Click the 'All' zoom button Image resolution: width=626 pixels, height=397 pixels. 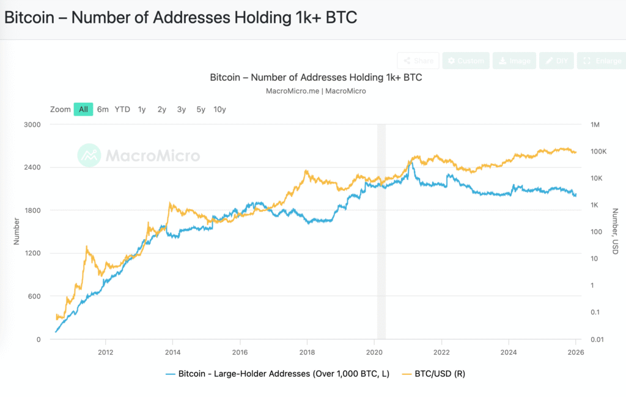click(83, 109)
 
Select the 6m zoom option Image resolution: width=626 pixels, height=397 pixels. click(103, 109)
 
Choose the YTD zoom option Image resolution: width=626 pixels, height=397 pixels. click(122, 109)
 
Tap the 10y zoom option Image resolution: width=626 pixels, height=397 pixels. click(219, 109)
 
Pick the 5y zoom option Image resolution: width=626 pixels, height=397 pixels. click(201, 109)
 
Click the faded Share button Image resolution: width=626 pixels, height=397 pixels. click(418, 61)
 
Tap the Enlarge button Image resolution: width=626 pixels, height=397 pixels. click(602, 61)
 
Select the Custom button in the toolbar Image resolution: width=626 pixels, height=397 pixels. click(465, 61)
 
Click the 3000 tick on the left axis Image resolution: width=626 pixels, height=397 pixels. click(31, 125)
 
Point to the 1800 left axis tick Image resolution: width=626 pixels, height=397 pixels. click(31, 210)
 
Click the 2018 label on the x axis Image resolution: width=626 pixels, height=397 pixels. click(307, 352)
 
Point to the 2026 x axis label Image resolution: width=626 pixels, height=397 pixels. click(575, 352)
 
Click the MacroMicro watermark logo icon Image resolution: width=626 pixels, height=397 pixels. click(89, 155)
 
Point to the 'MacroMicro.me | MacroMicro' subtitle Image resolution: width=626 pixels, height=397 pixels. click(315, 91)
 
